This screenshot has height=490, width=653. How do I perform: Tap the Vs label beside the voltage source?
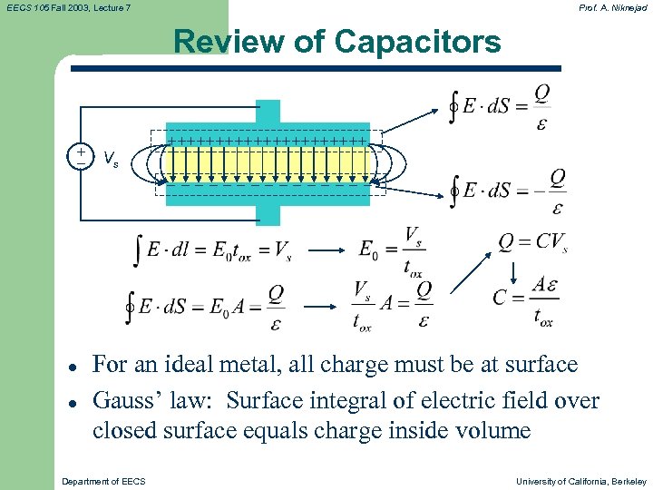click(x=111, y=161)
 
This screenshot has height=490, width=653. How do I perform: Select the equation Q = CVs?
click(x=532, y=242)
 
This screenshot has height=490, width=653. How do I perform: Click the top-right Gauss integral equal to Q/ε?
click(x=501, y=107)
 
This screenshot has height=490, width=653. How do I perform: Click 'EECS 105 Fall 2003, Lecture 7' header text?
click(x=68, y=7)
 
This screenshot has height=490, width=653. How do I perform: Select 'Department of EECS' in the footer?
click(x=103, y=481)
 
